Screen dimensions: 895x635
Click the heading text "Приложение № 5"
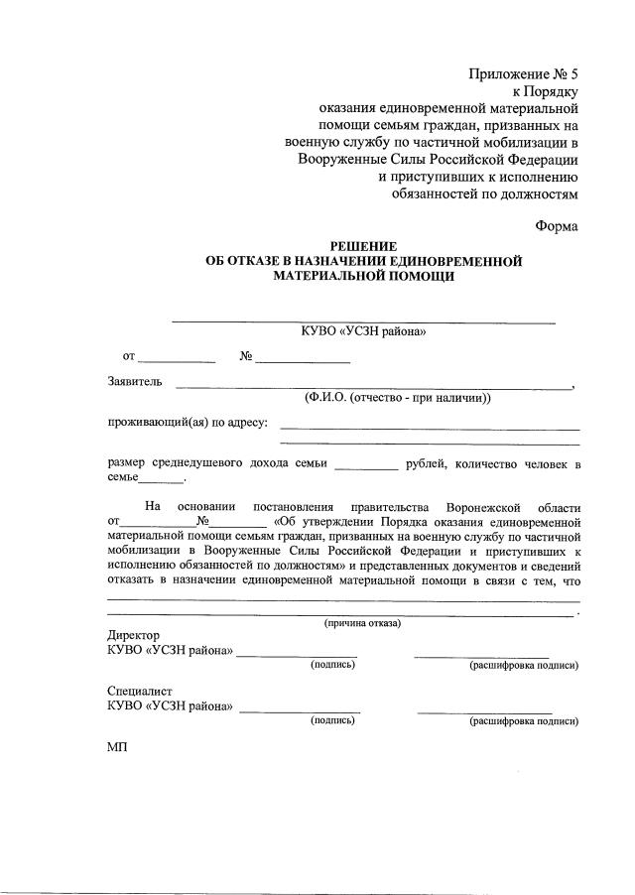pyautogui.click(x=522, y=74)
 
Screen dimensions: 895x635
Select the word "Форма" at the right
pyautogui.click(x=557, y=225)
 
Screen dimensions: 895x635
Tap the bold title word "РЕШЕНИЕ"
pyautogui.click(x=363, y=246)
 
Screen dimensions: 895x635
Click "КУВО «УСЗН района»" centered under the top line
pyautogui.click(x=363, y=332)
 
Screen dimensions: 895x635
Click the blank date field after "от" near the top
pyautogui.click(x=177, y=357)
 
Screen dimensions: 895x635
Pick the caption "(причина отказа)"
pyautogui.click(x=363, y=623)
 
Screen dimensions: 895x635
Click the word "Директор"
pyautogui.click(x=133, y=636)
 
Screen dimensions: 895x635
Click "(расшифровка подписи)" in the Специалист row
pyautogui.click(x=524, y=721)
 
